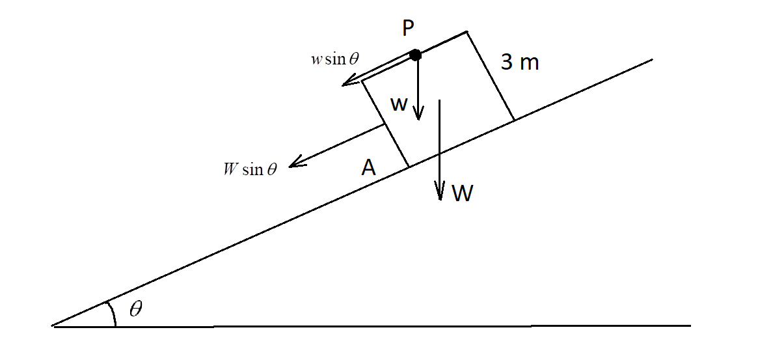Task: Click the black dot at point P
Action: coord(416,55)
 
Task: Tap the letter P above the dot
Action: coord(408,28)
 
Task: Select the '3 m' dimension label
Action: coord(520,63)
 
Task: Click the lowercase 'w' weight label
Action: coord(399,104)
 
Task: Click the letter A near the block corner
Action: coord(368,168)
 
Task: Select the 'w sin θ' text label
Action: coord(334,59)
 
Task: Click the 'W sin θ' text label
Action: coord(250,170)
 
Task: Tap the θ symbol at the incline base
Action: coord(135,309)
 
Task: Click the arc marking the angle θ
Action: coord(112,312)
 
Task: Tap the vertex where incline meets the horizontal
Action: coord(54,325)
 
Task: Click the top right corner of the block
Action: coord(467,31)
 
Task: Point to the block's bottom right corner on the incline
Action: coord(514,120)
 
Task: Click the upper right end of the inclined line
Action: coord(651,61)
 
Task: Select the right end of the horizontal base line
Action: coord(689,325)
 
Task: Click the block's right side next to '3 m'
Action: coord(491,76)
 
